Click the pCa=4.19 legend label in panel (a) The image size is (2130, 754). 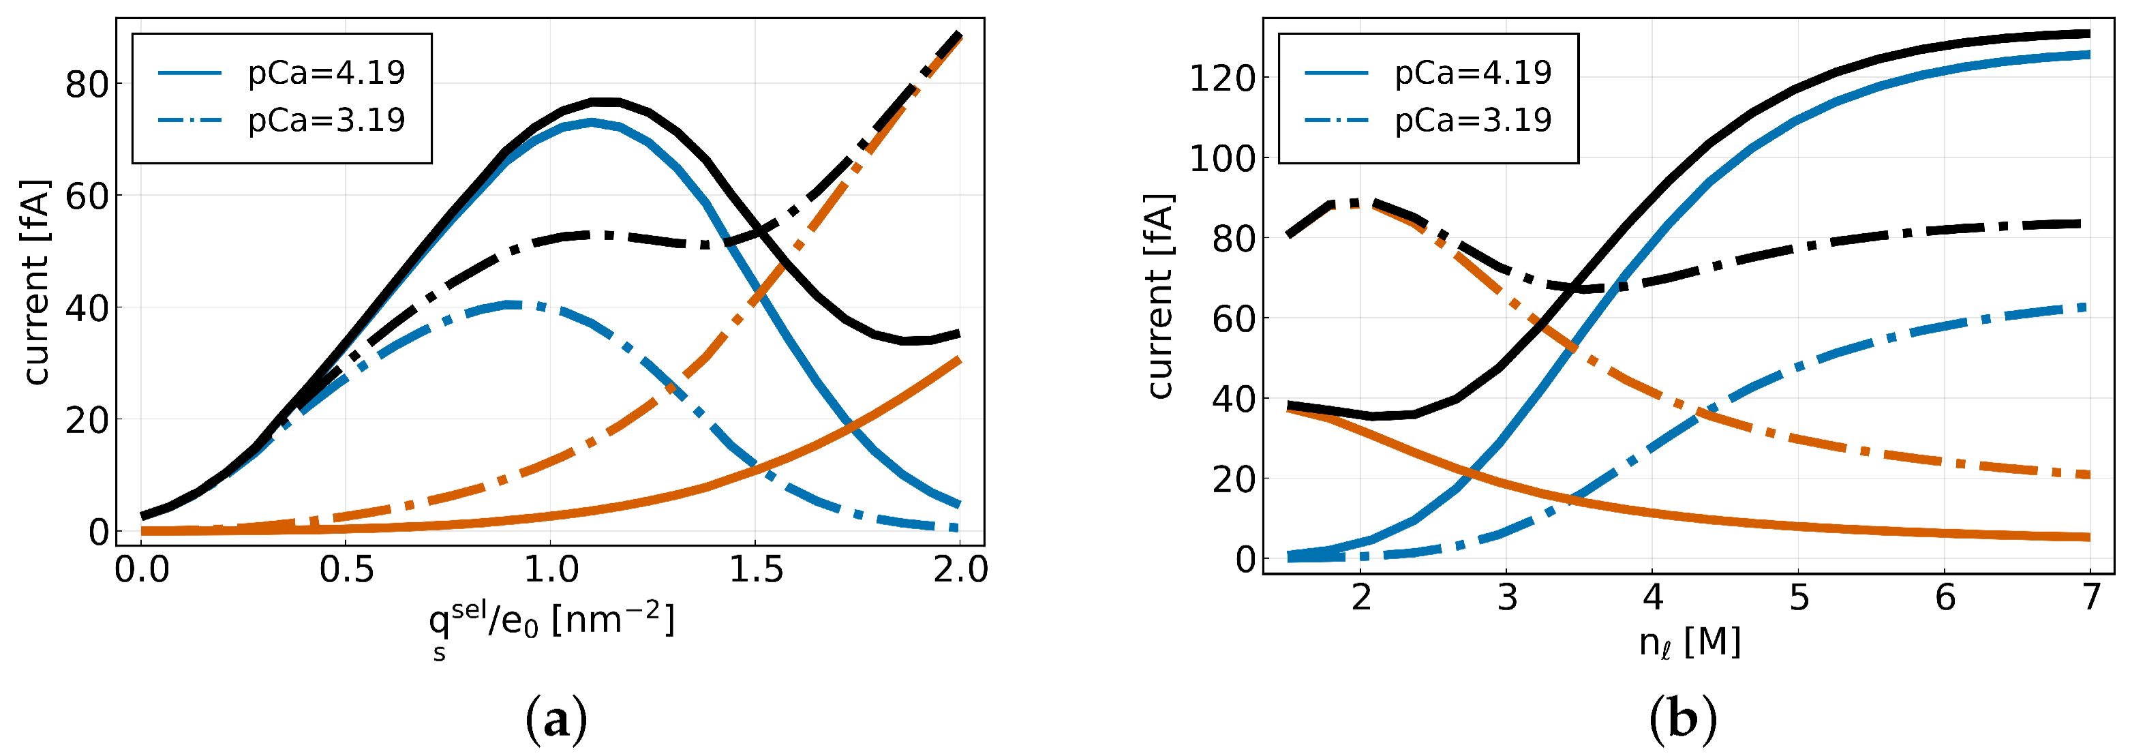click(326, 74)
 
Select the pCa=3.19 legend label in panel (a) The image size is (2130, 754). click(326, 121)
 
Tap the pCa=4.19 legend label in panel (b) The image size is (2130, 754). click(1473, 74)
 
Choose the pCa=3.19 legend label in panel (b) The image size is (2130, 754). click(1473, 121)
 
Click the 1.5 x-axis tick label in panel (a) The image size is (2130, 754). click(756, 570)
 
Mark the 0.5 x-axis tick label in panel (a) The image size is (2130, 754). click(346, 570)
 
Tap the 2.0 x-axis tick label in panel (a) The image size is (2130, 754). click(960, 570)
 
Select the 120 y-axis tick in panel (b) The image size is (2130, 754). click(1222, 78)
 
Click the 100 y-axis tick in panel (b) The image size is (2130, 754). click(1222, 158)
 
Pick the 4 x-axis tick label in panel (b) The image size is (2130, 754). click(1652, 597)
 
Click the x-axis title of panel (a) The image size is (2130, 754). click(551, 626)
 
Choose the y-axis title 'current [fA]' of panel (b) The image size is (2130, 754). click(1159, 296)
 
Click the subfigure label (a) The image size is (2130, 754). click(556, 720)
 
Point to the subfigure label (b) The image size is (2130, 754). click(1683, 720)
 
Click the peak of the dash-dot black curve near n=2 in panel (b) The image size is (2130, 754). click(1356, 202)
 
